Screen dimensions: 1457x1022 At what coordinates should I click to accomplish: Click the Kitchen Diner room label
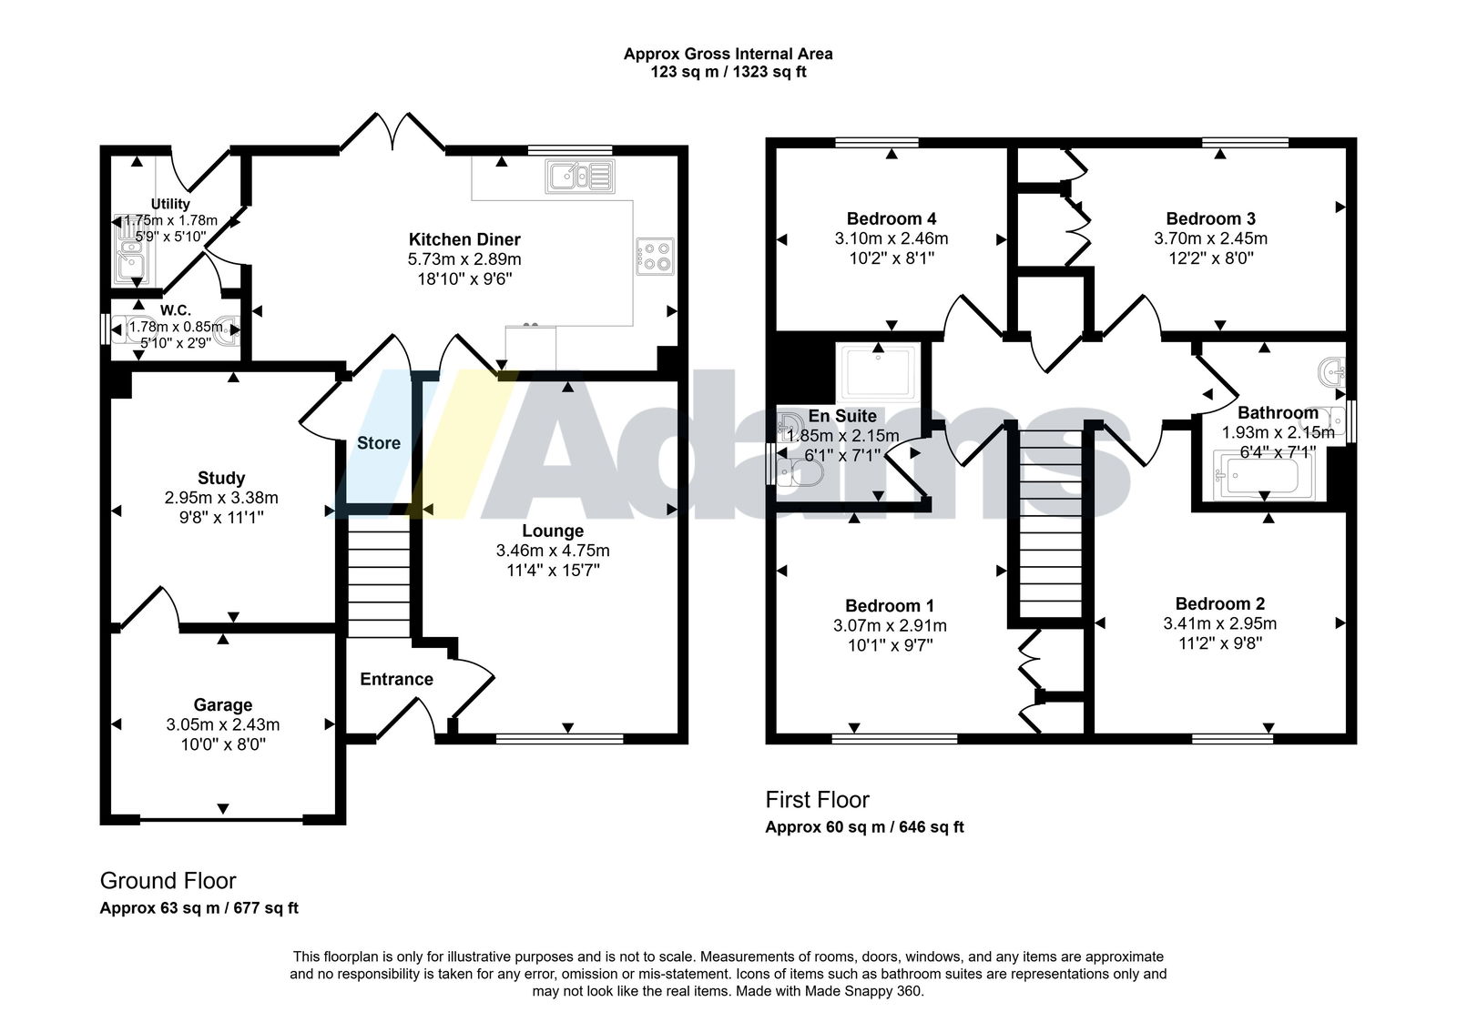click(x=464, y=239)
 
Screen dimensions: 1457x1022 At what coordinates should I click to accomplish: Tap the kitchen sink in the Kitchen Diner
click(x=580, y=177)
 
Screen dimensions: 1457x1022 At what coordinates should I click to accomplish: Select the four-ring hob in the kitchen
click(x=655, y=257)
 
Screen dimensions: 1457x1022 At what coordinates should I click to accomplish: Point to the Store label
click(x=379, y=443)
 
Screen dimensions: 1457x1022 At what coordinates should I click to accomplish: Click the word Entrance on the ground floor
click(x=397, y=680)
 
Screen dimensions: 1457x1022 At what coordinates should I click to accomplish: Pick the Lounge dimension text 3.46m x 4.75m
click(x=553, y=551)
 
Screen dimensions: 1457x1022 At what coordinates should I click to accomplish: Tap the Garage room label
click(x=223, y=704)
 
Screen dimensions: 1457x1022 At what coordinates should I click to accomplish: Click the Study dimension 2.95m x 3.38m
click(x=221, y=498)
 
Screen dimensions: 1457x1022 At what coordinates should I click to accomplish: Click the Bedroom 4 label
click(x=892, y=218)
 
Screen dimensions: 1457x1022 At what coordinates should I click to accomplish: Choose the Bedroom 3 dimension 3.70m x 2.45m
click(x=1210, y=238)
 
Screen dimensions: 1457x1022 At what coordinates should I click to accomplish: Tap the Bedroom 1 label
click(x=890, y=606)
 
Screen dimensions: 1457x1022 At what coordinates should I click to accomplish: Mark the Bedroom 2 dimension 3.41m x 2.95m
click(x=1220, y=623)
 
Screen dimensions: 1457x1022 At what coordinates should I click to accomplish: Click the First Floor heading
click(x=817, y=800)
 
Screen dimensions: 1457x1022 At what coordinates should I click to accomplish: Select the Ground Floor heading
click(x=168, y=881)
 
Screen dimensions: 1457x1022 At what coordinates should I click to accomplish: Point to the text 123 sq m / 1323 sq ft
click(x=728, y=72)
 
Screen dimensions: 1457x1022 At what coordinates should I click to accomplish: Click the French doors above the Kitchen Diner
click(x=392, y=133)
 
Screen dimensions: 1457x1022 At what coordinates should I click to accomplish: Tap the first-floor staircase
click(x=1051, y=523)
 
